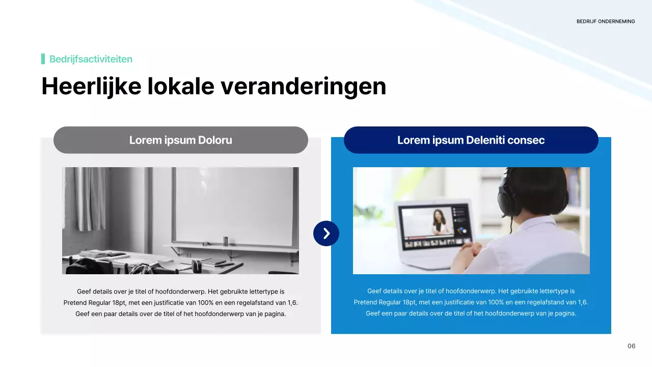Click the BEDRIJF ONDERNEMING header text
(606, 21)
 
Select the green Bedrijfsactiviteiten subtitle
(91, 59)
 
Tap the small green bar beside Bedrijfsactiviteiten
(43, 59)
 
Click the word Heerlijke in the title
(91, 86)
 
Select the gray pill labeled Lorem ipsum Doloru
(180, 140)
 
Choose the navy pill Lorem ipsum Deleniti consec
(471, 140)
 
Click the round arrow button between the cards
(326, 233)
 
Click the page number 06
(631, 346)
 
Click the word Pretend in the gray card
(75, 303)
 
